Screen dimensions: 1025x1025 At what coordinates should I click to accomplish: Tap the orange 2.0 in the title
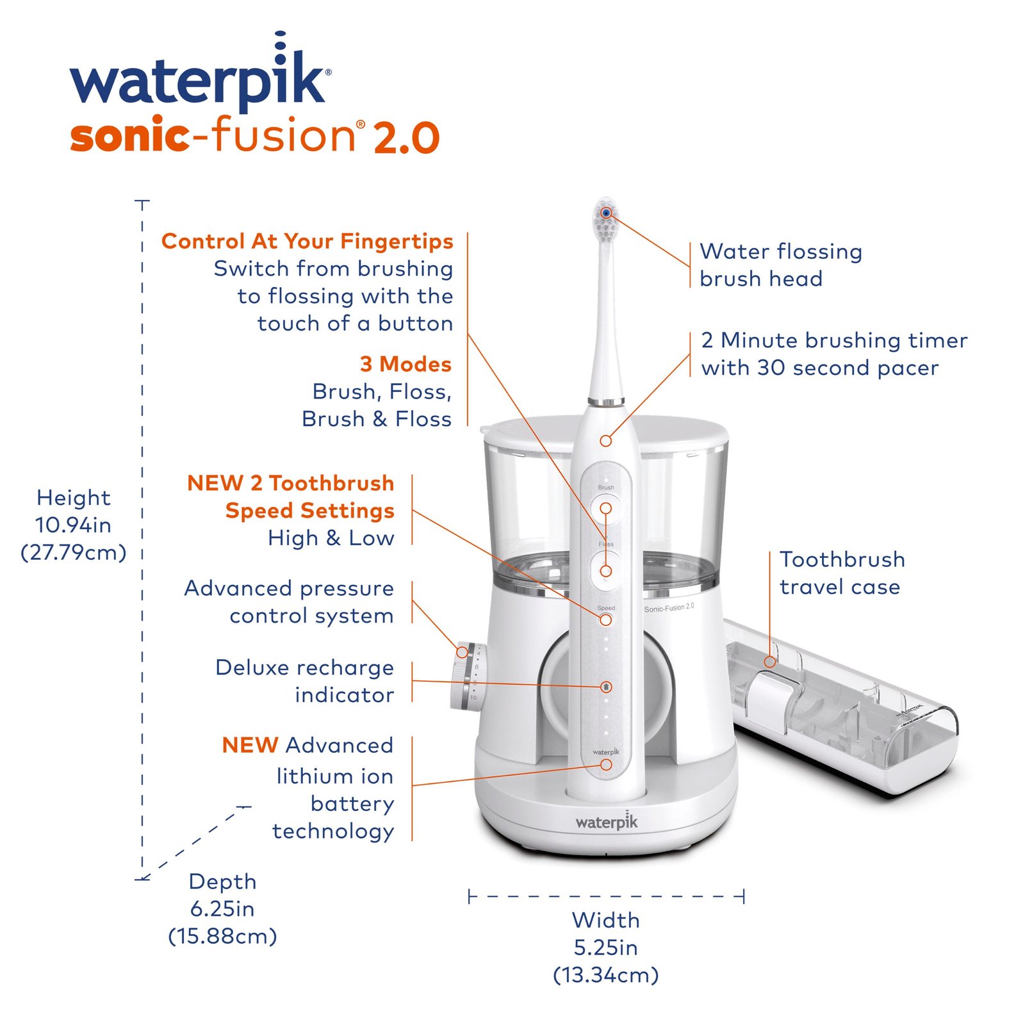tap(406, 137)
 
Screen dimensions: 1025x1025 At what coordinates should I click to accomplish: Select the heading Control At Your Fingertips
tap(307, 241)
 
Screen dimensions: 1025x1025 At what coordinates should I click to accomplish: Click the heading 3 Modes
tap(406, 364)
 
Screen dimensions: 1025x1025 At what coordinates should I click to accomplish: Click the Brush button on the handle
tap(605, 509)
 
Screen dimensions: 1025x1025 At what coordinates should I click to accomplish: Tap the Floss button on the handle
tap(605, 571)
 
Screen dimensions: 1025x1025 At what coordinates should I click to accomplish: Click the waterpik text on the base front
tap(606, 822)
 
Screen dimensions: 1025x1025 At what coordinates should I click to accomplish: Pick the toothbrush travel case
tap(839, 705)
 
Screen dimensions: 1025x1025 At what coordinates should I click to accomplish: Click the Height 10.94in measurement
tap(74, 525)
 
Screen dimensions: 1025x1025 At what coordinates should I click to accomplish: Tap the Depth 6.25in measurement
tap(222, 908)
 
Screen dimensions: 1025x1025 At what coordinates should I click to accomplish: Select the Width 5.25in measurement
tap(605, 947)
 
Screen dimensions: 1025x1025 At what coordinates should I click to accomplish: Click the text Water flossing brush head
tap(780, 265)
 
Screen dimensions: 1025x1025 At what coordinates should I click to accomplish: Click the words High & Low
tap(331, 538)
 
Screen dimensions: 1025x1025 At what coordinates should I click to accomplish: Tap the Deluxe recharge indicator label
tap(305, 681)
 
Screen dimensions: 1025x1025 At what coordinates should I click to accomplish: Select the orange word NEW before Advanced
tap(250, 745)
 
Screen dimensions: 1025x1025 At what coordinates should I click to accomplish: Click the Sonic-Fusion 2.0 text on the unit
tap(668, 607)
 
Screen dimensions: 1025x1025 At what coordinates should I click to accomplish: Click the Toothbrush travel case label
tap(841, 573)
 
